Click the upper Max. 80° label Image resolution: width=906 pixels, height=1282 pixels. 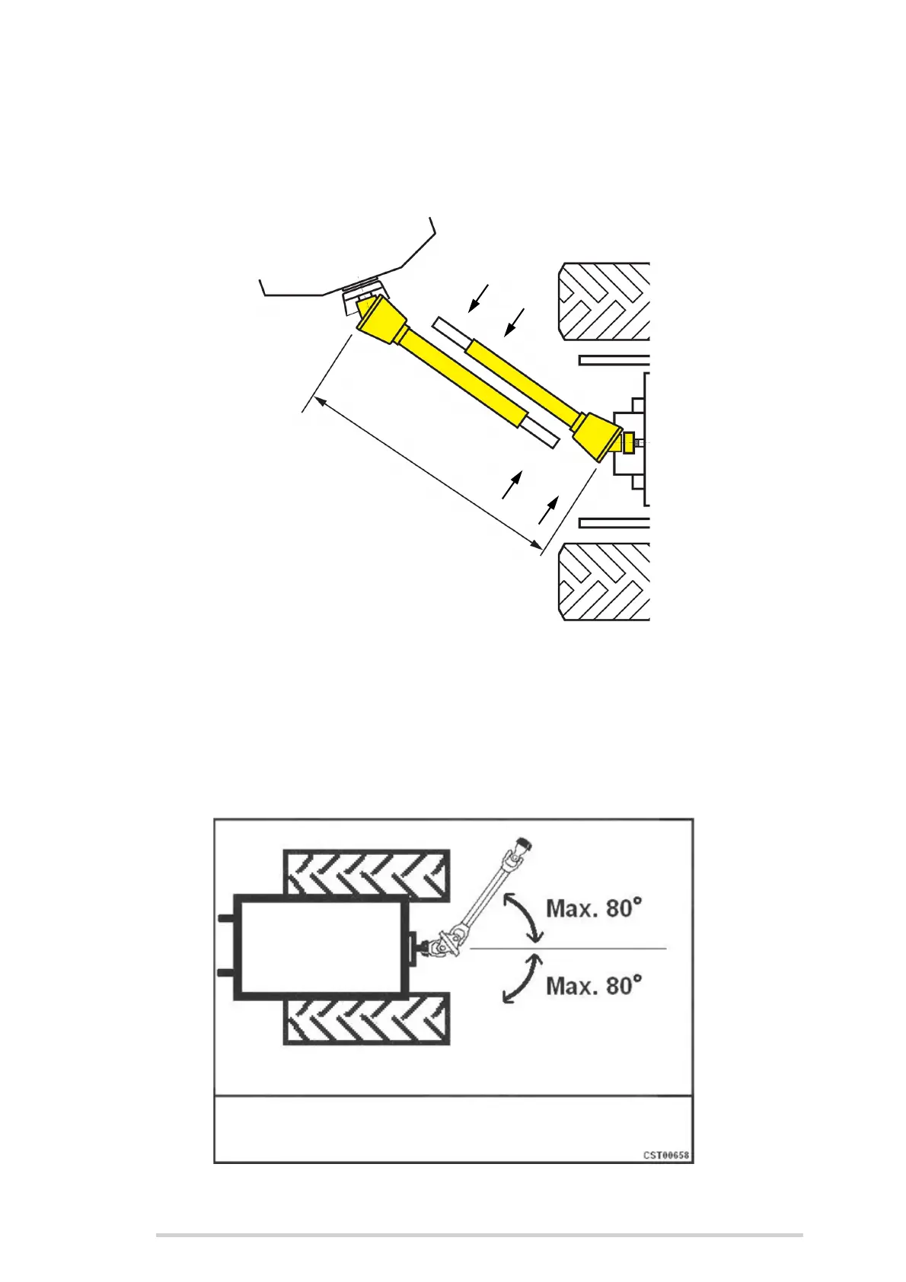594,908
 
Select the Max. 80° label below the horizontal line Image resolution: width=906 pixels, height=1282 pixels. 594,986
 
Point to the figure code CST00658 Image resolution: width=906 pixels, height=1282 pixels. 666,1155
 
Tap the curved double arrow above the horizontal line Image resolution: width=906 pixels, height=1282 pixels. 522,916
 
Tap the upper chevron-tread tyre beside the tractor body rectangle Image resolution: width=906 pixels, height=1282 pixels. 365,872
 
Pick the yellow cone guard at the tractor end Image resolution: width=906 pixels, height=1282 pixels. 595,435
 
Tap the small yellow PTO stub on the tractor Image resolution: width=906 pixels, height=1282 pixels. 629,442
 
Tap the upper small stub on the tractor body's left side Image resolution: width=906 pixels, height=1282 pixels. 225,919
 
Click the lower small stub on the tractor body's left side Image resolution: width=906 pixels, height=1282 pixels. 225,974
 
